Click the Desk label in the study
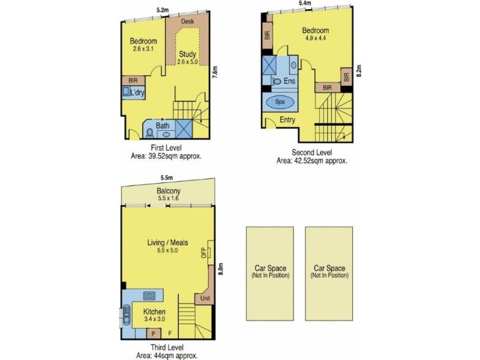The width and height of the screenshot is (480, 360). click(187, 21)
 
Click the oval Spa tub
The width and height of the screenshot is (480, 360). click(280, 102)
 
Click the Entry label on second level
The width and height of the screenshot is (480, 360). click(288, 120)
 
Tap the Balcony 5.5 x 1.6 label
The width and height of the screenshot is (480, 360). click(167, 194)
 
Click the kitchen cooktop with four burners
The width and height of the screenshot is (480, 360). click(149, 295)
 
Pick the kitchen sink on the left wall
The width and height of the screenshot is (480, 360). click(127, 316)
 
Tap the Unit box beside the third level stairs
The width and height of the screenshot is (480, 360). click(205, 299)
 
